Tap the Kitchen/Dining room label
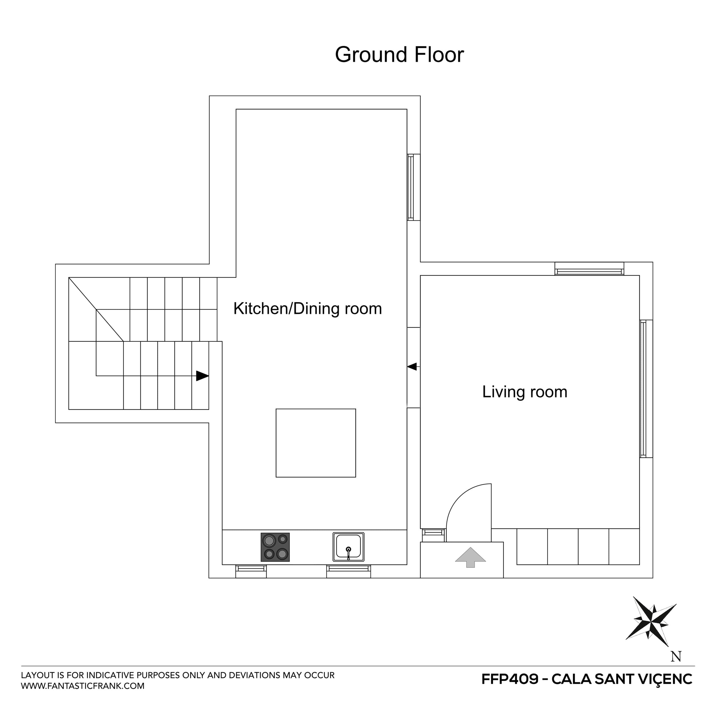click(x=307, y=308)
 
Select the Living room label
click(x=524, y=392)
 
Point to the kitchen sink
click(x=348, y=547)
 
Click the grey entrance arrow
click(x=470, y=557)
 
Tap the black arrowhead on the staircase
click(x=202, y=376)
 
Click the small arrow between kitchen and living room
click(x=412, y=366)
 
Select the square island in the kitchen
click(x=316, y=443)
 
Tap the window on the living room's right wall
click(x=646, y=389)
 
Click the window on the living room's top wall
click(x=589, y=269)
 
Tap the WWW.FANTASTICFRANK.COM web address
click(x=83, y=686)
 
